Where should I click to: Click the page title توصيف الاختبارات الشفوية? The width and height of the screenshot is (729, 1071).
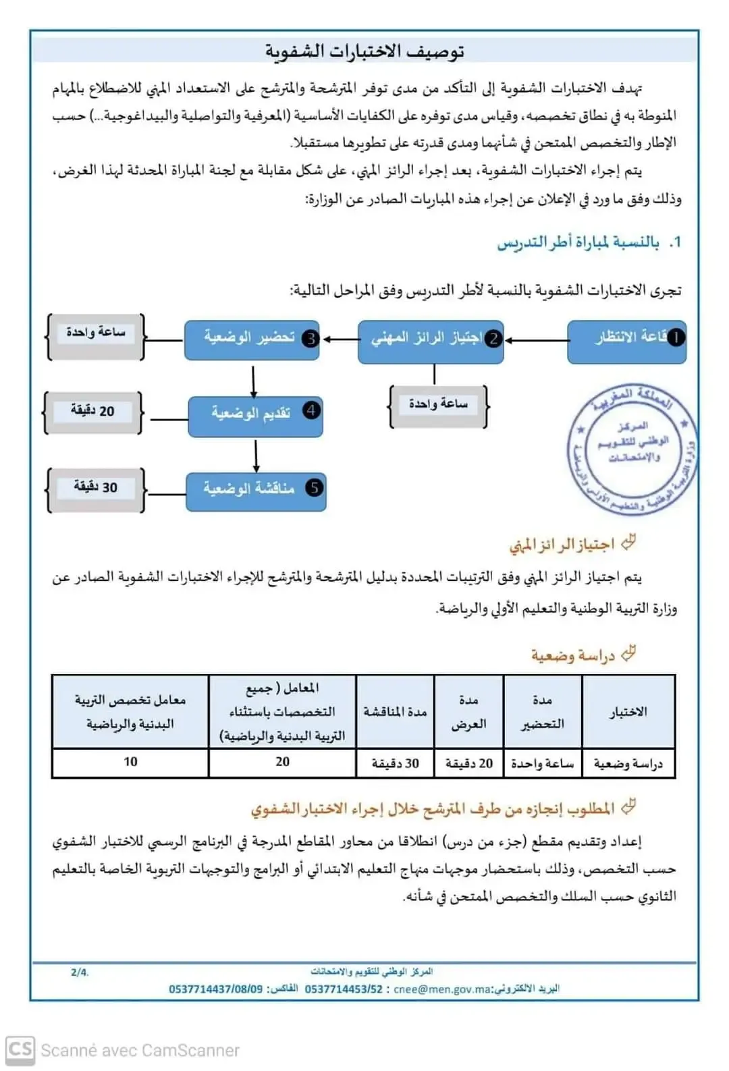[364, 51]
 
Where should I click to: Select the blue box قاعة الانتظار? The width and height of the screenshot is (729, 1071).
[627, 341]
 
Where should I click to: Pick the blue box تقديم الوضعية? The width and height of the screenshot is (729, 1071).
[255, 415]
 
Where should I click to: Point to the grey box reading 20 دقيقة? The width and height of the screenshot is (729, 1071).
[93, 411]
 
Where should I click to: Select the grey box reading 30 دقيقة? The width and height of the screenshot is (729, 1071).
[95, 488]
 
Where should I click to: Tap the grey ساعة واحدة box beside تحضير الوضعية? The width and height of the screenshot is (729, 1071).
[95, 334]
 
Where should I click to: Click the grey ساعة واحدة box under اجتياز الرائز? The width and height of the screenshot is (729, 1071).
[438, 405]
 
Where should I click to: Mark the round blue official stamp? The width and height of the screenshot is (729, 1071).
[632, 449]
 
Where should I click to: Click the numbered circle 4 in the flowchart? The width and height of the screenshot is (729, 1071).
[311, 410]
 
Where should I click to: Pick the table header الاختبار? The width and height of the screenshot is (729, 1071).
[628, 712]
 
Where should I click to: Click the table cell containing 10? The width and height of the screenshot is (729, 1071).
[130, 763]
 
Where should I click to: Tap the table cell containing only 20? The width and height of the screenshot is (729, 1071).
[282, 763]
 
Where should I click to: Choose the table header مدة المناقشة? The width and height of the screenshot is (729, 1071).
[395, 712]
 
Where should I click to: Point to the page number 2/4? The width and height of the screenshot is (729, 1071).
[80, 972]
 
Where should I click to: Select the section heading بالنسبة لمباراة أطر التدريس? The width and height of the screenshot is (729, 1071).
[578, 242]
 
